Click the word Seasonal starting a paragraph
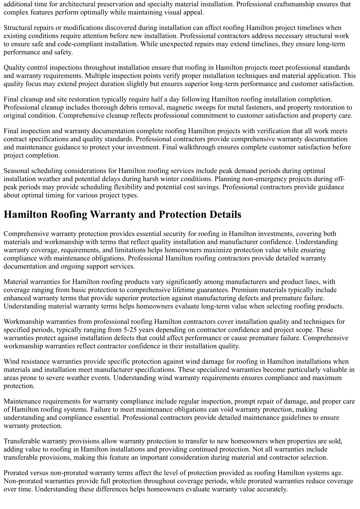[x=16, y=171]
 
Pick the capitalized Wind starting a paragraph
[x=11, y=361]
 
